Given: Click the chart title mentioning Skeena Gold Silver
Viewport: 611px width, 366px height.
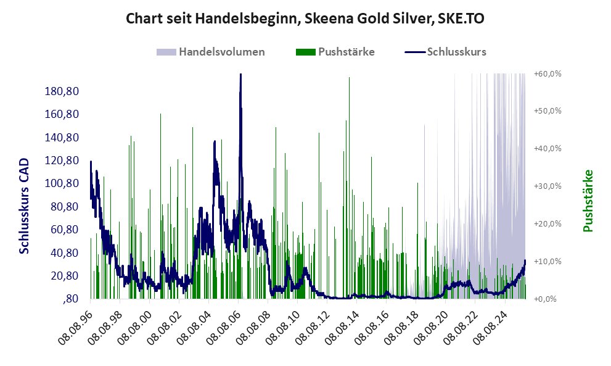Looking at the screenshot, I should [305, 19].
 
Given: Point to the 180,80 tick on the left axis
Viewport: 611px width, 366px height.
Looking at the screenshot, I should [62, 91].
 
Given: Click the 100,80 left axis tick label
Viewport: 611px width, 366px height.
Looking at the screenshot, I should [62, 183].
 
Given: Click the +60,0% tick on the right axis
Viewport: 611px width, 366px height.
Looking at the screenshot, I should [547, 73].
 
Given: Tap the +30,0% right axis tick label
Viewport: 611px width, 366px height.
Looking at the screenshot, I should [547, 186].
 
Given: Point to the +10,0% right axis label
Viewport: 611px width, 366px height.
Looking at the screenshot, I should [547, 261].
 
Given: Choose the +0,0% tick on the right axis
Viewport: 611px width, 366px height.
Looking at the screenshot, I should [548, 299].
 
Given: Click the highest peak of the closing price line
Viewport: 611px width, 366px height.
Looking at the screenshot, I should [240, 75].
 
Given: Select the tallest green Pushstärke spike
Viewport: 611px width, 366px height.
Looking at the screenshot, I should [349, 78].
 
